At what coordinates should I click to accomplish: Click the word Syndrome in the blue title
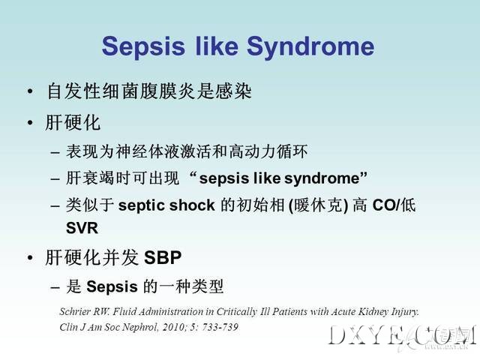[310, 46]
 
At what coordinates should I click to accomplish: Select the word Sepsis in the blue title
[143, 46]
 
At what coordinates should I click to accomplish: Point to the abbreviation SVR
[82, 228]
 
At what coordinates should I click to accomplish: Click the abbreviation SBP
[163, 257]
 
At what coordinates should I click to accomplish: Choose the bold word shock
[192, 205]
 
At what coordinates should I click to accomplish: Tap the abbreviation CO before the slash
[384, 205]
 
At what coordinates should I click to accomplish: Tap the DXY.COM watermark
[402, 337]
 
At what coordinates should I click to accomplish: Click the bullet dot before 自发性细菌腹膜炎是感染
[30, 91]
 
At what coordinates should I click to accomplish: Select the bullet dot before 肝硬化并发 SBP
[30, 257]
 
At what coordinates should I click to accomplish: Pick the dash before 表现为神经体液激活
[55, 152]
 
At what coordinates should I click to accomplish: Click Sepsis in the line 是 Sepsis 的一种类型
[112, 287]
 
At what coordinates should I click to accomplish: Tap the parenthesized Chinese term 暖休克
[318, 205]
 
